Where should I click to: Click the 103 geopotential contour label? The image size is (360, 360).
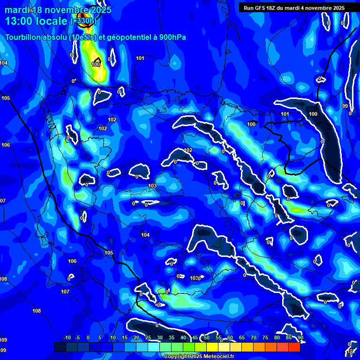[152, 186]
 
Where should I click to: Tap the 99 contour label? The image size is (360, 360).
[345, 106]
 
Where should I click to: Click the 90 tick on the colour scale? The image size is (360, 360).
[300, 338]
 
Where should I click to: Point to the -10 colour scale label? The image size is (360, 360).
[67, 338]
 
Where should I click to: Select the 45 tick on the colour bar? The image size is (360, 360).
[195, 338]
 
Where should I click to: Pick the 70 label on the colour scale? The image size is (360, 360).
[254, 338]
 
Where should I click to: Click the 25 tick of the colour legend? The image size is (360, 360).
[148, 338]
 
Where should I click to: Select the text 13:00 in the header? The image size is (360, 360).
[19, 21]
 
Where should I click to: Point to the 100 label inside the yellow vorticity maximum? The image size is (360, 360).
[96, 64]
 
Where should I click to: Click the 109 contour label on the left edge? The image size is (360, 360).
[3, 340]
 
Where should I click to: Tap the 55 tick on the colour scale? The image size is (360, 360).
[218, 338]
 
